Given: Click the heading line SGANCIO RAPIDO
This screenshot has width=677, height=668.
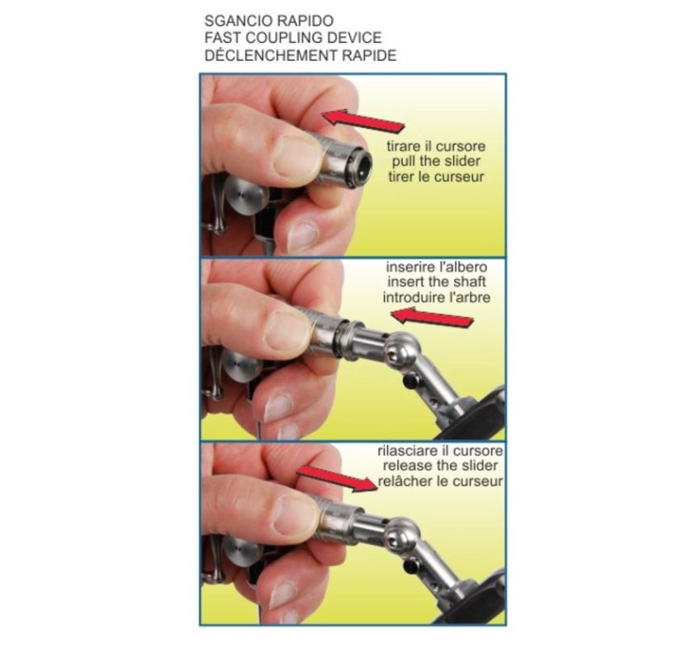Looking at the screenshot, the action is click(x=268, y=21).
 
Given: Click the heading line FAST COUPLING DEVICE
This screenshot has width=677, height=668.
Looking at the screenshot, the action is click(x=293, y=38).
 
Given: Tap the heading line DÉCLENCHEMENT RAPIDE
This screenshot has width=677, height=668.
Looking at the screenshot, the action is click(x=301, y=55).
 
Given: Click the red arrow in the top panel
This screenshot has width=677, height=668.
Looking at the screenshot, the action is click(x=364, y=120).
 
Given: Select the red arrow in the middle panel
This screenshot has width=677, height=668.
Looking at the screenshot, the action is click(x=432, y=318).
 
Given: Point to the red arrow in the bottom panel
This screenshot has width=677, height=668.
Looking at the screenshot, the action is click(x=337, y=478).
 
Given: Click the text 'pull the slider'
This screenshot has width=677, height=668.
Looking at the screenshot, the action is click(x=436, y=162).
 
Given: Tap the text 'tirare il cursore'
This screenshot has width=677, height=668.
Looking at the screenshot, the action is click(x=436, y=146).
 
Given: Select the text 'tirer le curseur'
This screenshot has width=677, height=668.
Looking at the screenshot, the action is click(x=436, y=177).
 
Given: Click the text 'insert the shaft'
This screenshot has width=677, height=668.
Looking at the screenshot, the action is click(x=437, y=282).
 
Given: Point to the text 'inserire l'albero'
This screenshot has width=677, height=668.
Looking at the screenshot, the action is click(x=437, y=267).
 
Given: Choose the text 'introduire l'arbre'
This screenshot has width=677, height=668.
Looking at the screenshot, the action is click(x=437, y=297).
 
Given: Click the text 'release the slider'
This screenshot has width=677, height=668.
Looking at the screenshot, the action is click(x=440, y=466).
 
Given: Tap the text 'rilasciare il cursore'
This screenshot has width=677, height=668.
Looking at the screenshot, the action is click(x=440, y=451).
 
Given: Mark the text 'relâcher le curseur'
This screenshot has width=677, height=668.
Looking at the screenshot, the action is click(x=440, y=481).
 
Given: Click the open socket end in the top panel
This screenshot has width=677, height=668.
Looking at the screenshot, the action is click(x=360, y=166).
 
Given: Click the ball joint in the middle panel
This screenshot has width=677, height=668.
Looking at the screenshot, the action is click(x=401, y=350).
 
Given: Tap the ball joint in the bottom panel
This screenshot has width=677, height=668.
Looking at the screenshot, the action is click(x=402, y=535).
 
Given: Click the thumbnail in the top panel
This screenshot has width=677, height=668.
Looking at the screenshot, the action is click(x=296, y=156).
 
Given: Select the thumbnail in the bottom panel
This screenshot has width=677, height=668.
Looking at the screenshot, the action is click(x=296, y=516).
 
